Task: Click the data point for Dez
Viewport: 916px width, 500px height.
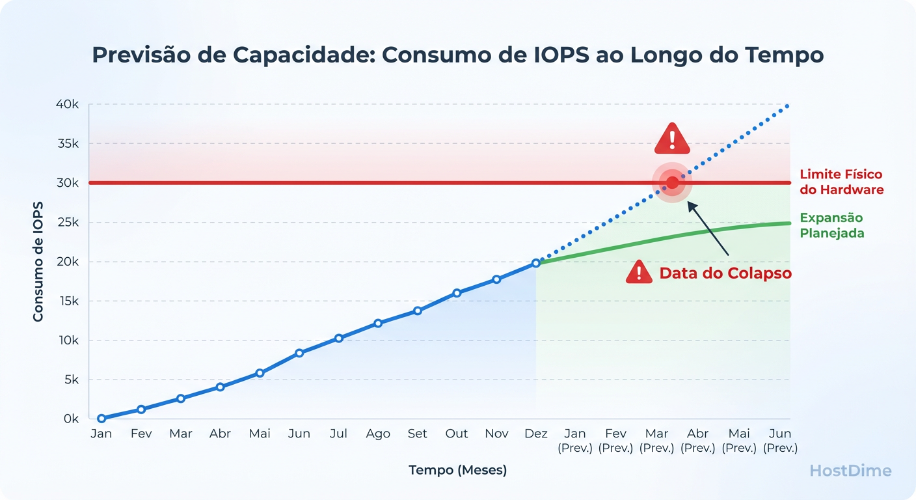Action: coord(535,263)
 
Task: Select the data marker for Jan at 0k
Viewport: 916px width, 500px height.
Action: coord(101,419)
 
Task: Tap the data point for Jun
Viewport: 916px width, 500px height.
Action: coord(299,353)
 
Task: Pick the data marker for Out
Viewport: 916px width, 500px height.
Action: coord(457,293)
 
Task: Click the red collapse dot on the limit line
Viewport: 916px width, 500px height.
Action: coord(672,182)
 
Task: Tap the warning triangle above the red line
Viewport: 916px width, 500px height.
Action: coord(672,139)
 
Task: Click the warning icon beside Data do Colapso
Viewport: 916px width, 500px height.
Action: coord(639,272)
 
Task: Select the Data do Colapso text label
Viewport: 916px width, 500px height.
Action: coord(725,273)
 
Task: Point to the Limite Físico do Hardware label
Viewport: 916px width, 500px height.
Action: coord(841,182)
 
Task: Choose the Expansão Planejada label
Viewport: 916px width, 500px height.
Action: coord(831,225)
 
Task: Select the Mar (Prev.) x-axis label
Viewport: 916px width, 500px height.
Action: coord(656,441)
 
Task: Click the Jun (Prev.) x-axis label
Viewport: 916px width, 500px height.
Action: coord(780,441)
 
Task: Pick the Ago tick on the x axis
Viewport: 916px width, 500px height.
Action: coord(378,434)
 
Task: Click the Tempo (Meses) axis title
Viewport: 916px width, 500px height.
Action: coord(457,470)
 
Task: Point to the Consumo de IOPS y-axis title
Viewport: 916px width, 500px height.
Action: coord(38,262)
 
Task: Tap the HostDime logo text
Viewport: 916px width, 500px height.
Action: coord(850,471)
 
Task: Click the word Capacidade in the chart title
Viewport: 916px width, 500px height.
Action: coord(291,55)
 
